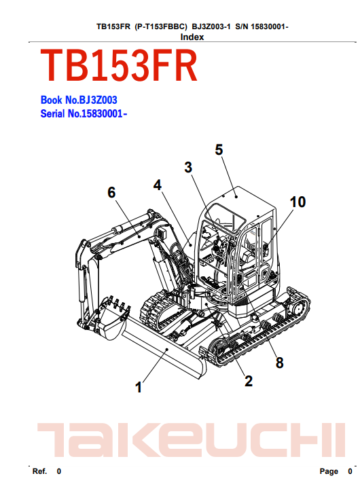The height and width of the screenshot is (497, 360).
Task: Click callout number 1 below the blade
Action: (139, 387)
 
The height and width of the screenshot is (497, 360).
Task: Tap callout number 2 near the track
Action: (249, 381)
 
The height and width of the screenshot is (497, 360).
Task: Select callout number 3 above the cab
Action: (188, 167)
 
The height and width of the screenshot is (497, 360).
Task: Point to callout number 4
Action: (158, 185)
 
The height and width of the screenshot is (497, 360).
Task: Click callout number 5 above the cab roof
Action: (219, 149)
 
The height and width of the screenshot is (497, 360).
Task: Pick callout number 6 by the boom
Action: (111, 192)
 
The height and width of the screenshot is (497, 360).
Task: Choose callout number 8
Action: (279, 363)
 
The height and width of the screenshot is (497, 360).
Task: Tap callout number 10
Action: (298, 202)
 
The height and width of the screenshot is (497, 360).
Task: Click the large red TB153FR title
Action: (119, 66)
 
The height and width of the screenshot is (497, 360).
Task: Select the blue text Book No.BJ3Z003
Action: (79, 100)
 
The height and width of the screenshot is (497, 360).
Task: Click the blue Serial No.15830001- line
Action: (84, 113)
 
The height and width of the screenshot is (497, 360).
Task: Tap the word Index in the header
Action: (192, 37)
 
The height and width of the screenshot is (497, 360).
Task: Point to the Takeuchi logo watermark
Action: (191, 440)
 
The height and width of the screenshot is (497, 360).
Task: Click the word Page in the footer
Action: (329, 471)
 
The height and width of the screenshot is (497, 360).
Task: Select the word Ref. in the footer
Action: (39, 471)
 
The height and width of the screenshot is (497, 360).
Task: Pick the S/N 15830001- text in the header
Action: (262, 26)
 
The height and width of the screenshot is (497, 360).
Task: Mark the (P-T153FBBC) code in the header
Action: (161, 26)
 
